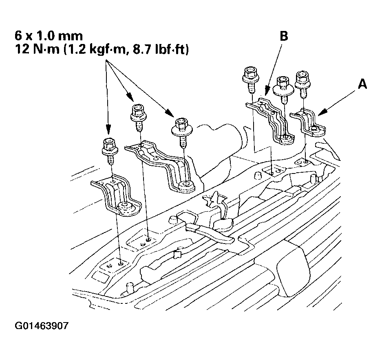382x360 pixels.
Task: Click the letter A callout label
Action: [362, 84]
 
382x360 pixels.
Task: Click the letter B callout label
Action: [284, 35]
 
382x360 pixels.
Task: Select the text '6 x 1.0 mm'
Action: [49, 36]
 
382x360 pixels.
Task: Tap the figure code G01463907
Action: [42, 325]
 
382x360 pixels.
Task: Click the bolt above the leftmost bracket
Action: [110, 151]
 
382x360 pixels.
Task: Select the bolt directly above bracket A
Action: [303, 84]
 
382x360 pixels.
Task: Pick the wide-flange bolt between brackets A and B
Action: [283, 89]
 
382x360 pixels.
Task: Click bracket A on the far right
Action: [308, 123]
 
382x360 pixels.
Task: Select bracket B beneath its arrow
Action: [270, 121]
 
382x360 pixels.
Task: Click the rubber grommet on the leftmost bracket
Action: [125, 208]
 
